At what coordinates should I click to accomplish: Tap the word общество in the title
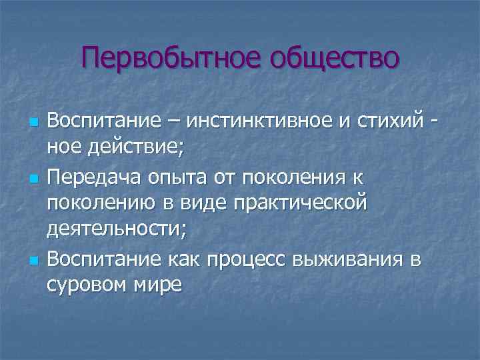pos(333,57)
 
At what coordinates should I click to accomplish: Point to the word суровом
pos(89,284)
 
